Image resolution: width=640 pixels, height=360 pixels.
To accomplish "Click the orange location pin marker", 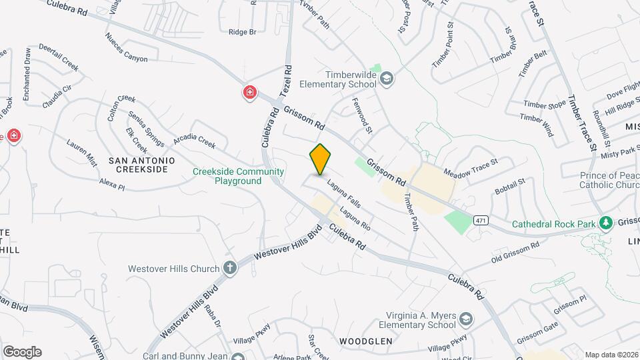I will [x=320, y=159].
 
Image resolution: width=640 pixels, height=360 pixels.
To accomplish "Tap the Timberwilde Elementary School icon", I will [x=386, y=79].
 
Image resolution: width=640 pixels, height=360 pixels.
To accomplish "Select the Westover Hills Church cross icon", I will [x=230, y=269].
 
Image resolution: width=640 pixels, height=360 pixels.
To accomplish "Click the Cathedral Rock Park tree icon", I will [x=605, y=223].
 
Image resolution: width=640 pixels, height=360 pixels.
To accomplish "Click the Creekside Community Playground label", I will [x=238, y=176].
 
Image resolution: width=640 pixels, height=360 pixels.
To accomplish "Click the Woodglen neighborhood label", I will [x=365, y=341].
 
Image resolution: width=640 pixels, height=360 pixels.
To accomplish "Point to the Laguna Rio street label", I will [x=355, y=221].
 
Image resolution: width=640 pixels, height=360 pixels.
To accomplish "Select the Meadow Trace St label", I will [x=471, y=167].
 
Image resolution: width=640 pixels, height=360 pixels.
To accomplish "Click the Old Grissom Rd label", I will [x=515, y=253].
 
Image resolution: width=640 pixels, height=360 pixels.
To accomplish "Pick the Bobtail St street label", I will [x=510, y=186].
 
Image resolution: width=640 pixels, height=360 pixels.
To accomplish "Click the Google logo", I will [x=21, y=351].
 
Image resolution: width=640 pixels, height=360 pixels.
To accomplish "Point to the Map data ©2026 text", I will [x=611, y=355].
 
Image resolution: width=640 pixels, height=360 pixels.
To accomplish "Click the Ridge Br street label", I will [x=242, y=32].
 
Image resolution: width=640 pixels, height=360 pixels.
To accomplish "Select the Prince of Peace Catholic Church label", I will [x=601, y=181].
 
